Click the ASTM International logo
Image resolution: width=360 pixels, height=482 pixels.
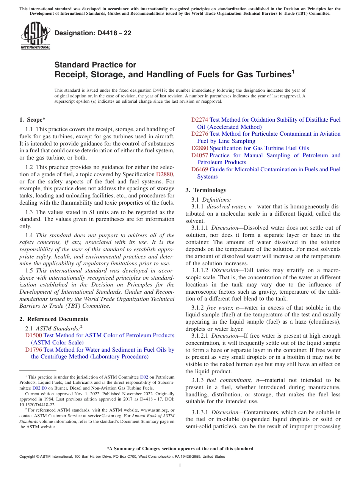point(35,36)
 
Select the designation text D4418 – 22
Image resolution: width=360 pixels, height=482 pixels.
point(93,33)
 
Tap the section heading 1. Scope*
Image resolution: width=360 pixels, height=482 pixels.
point(33,120)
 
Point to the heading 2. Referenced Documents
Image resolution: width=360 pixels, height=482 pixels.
point(54,319)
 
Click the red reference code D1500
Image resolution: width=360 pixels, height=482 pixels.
point(33,335)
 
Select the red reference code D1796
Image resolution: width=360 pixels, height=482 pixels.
point(33,350)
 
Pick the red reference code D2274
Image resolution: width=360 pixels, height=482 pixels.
point(199,120)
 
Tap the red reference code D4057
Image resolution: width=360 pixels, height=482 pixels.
point(199,155)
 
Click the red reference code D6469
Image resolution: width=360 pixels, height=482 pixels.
point(199,169)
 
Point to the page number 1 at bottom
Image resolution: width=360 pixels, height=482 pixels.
point(180,465)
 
